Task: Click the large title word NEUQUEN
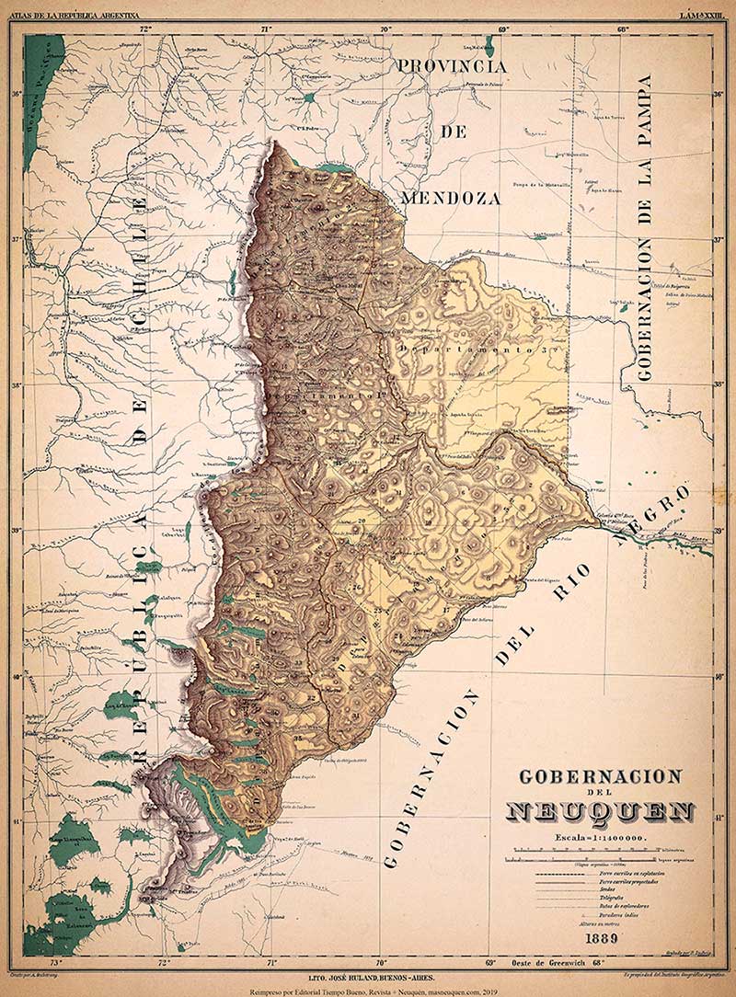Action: (600, 812)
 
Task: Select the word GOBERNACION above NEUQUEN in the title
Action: (600, 776)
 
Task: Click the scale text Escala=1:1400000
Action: (599, 838)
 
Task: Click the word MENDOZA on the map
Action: (451, 198)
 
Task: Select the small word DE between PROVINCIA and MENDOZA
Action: (453, 132)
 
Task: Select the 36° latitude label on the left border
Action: (16, 93)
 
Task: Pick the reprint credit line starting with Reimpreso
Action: (368, 991)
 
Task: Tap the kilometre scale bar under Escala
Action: (599, 853)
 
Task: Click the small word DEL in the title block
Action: (599, 794)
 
